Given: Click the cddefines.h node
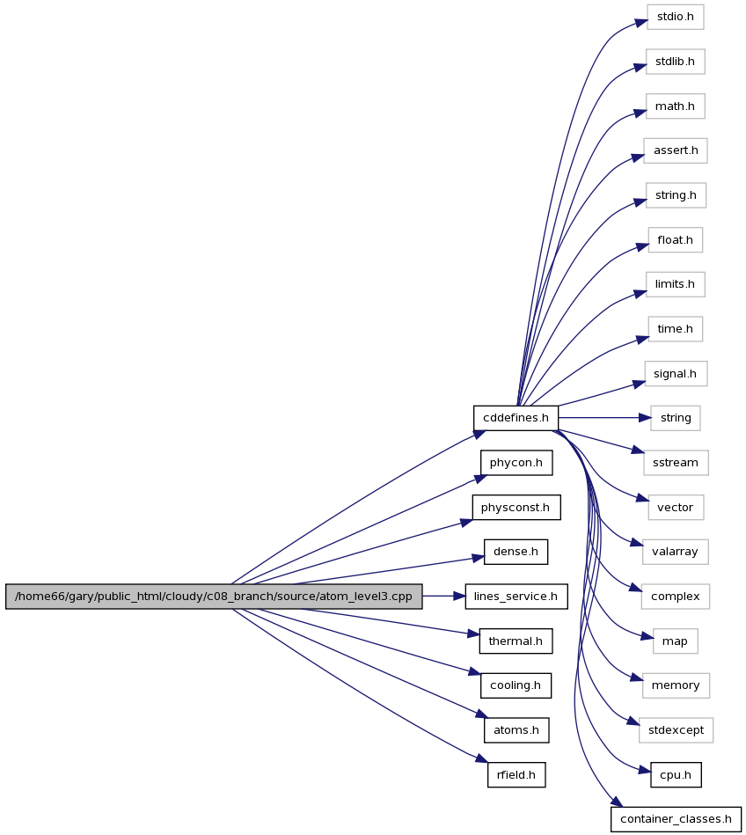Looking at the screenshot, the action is tap(516, 418).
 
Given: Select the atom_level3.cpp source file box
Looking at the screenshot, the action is tap(214, 597).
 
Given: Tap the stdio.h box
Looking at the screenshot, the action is tap(675, 17).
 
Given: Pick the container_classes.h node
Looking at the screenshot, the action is tap(676, 819).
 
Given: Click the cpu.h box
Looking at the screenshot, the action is tap(675, 775).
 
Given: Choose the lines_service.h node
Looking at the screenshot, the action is tap(516, 597).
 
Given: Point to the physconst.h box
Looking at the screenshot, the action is tap(516, 508).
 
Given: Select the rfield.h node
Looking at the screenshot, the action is tap(516, 775).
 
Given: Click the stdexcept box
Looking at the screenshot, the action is tap(676, 730).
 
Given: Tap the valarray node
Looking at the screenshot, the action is tap(675, 552).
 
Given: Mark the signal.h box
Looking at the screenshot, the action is tap(675, 374).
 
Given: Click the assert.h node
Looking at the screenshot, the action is tap(675, 150).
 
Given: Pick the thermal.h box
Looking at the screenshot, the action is tap(516, 641).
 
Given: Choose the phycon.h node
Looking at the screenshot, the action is tap(516, 463).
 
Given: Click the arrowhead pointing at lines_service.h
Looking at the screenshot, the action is tap(459, 597).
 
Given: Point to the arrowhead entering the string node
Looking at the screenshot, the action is tap(645, 418).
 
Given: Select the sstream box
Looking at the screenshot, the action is tap(675, 463).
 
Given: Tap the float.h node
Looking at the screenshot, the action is tap(675, 240).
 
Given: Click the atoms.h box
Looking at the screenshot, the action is tap(516, 730).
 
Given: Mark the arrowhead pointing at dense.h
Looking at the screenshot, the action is tap(478, 559).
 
